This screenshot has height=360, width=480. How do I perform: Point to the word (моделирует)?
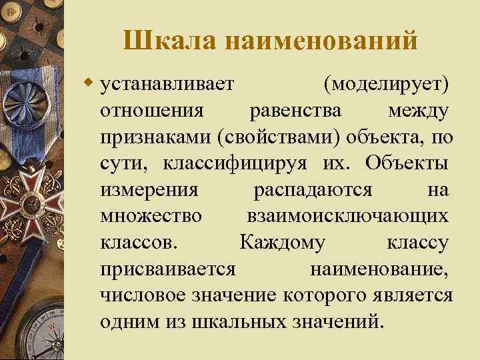pyautogui.click(x=385, y=85)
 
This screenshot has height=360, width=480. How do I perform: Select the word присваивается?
pyautogui.click(x=167, y=269)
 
